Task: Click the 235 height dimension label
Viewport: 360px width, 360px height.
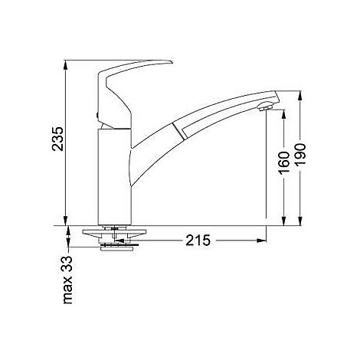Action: [57, 139]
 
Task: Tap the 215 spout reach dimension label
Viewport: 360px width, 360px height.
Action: [198, 241]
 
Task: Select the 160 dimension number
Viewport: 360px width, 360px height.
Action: [284, 163]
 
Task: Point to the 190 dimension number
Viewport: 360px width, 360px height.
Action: [300, 155]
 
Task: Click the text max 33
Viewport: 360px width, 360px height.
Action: [67, 280]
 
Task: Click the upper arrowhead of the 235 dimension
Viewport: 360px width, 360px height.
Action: [66, 65]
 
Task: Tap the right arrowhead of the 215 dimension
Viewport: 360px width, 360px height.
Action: [261, 241]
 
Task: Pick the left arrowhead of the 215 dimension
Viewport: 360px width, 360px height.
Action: [119, 241]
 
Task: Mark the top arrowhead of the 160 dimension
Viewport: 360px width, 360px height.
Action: [284, 114]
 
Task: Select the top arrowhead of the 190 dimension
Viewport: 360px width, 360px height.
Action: [300, 96]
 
